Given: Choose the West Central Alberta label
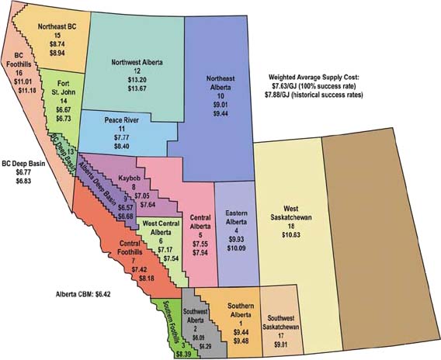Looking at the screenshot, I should (164, 228).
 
